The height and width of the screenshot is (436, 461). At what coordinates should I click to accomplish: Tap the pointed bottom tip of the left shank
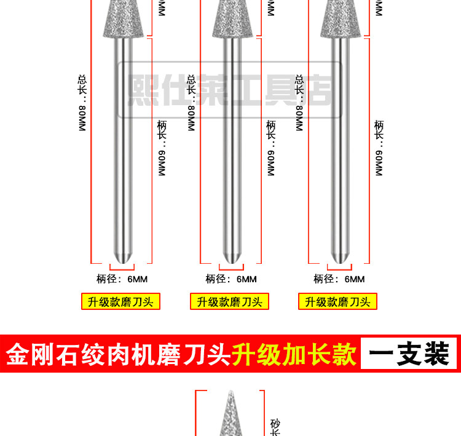tap(124, 258)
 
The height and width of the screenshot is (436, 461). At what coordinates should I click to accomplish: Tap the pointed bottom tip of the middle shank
tap(232, 258)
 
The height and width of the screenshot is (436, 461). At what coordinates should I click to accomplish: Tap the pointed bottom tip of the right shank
tap(340, 258)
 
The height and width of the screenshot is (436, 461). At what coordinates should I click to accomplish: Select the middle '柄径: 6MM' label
tap(231, 279)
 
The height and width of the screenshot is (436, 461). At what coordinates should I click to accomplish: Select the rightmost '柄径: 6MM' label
tap(339, 279)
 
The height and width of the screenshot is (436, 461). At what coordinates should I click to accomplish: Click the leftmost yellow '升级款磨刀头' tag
tap(121, 301)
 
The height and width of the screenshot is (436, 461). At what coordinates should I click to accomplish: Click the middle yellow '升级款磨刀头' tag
tap(230, 301)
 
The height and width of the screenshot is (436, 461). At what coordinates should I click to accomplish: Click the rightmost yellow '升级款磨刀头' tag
tap(337, 301)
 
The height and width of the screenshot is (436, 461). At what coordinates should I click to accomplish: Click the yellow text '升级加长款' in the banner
tap(293, 354)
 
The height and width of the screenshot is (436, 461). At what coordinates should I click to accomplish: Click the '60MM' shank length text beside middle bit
tap(271, 162)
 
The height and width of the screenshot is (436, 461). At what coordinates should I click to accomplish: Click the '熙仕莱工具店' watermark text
tap(230, 90)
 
